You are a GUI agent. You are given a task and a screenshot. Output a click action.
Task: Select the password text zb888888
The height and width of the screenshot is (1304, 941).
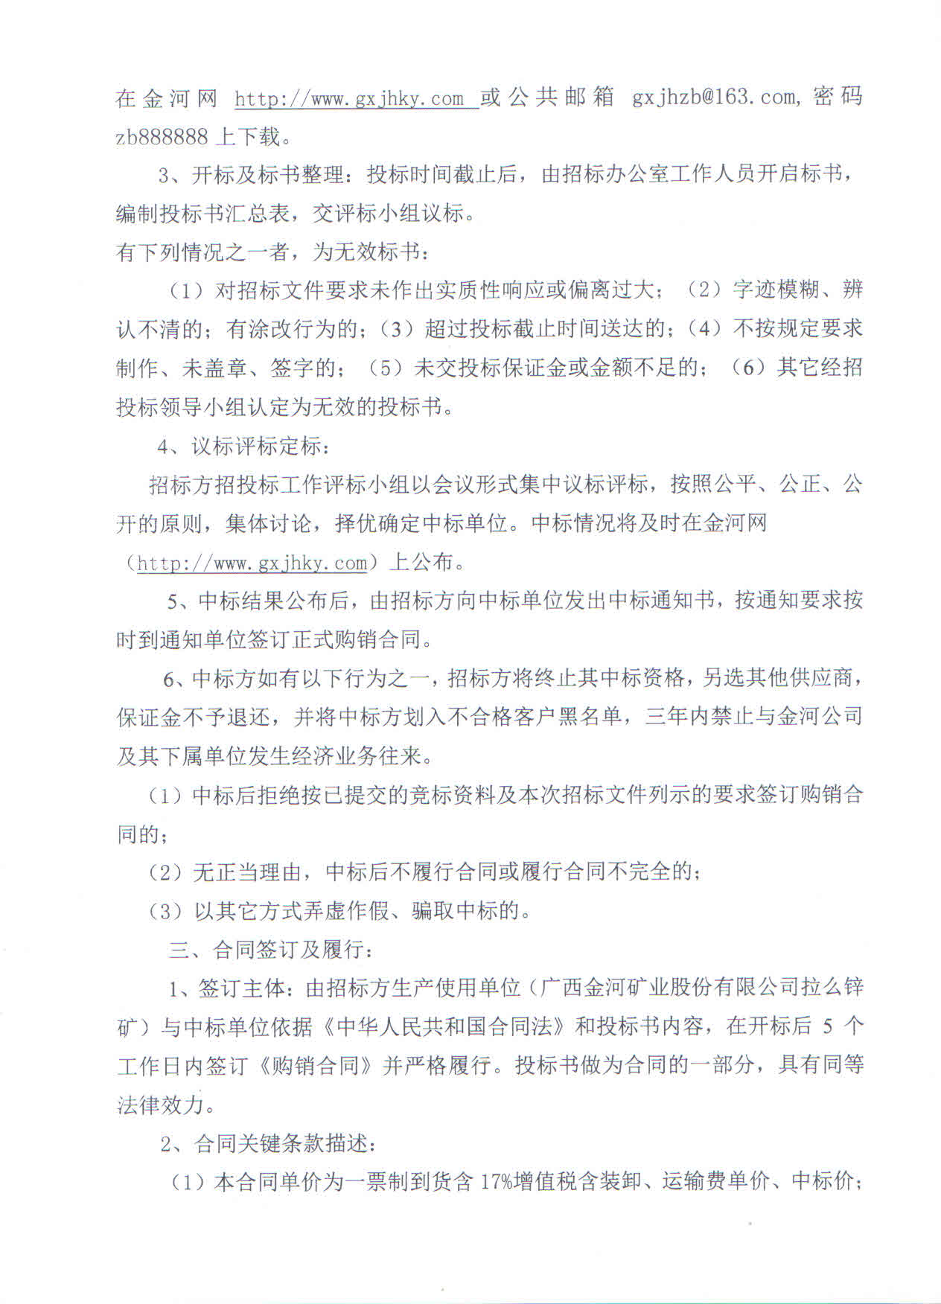(x=162, y=137)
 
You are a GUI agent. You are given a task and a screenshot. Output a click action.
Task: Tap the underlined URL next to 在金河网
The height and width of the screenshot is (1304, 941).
(x=357, y=98)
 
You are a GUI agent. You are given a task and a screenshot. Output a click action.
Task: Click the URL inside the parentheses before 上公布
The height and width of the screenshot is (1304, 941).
(x=252, y=563)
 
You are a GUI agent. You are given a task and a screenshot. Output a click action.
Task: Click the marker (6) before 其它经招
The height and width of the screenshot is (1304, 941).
(x=750, y=368)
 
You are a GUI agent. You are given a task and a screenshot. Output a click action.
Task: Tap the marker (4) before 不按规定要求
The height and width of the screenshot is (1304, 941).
(x=706, y=328)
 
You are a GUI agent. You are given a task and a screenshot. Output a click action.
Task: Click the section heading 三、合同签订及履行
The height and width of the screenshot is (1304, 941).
(x=269, y=950)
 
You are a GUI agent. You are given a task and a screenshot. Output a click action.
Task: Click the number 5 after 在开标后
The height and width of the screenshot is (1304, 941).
(x=828, y=1027)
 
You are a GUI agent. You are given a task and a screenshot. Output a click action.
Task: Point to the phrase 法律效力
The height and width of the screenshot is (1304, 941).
(x=161, y=1105)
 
